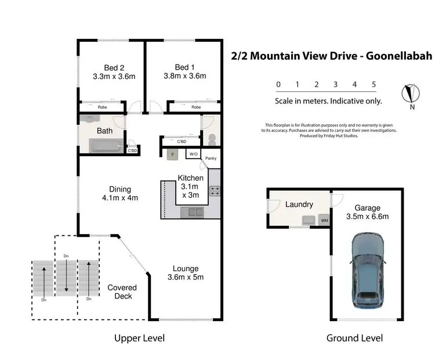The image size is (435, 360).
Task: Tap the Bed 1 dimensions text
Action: point(186,75)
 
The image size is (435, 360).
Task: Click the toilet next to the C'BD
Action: point(212,139)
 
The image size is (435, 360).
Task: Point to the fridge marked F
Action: point(172,154)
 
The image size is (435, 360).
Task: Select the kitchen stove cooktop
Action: point(214,190)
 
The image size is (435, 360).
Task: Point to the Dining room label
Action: point(120,189)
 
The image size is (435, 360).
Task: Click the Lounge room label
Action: point(185,268)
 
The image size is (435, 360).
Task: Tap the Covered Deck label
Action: point(122,291)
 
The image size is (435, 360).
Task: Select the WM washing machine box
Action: point(324,221)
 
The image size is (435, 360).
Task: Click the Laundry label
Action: point(299,204)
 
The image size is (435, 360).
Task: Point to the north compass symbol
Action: point(411,93)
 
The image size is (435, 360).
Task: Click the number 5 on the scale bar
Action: point(374,84)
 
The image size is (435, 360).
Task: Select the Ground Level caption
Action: point(354,338)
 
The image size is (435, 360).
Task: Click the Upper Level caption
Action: point(139,338)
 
